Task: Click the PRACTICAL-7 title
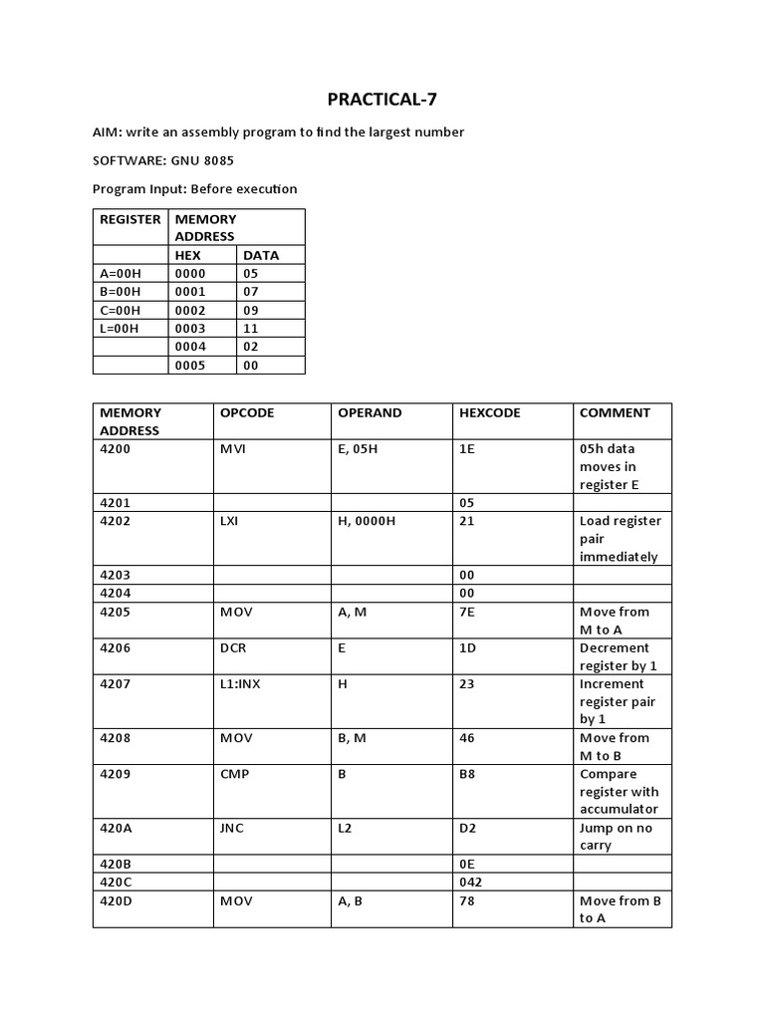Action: click(x=382, y=99)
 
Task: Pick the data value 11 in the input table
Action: click(x=250, y=328)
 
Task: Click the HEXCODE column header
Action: click(x=489, y=412)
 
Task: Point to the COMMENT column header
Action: click(x=615, y=412)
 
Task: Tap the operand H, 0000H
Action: click(x=367, y=521)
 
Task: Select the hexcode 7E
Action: click(x=467, y=612)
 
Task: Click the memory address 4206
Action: click(x=116, y=647)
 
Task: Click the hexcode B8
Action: click(x=467, y=774)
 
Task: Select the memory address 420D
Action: click(x=117, y=900)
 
